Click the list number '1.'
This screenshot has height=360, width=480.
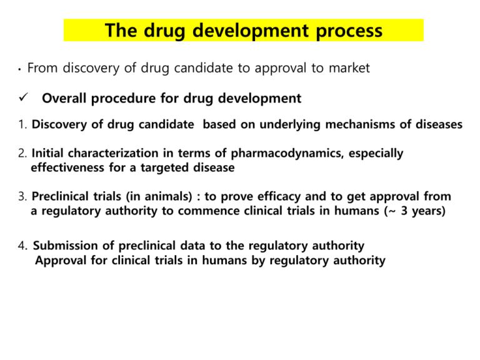[22, 125]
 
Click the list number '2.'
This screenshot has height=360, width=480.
[22, 153]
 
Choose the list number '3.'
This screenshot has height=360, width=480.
[22, 198]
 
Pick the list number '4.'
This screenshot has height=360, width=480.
[22, 246]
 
